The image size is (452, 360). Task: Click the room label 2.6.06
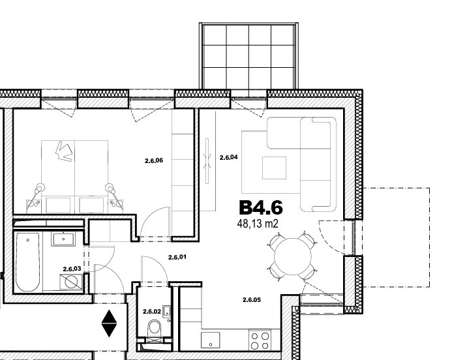(154, 160)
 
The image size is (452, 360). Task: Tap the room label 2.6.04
(228, 157)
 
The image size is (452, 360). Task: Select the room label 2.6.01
(177, 257)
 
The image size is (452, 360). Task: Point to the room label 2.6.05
(252, 300)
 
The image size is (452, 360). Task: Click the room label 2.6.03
(72, 269)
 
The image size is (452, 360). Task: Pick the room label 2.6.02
(152, 312)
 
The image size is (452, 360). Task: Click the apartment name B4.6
(261, 207)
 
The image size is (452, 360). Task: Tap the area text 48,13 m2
(258, 224)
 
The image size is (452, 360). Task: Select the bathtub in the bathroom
(27, 262)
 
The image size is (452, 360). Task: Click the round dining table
(293, 256)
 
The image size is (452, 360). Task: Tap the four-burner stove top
(260, 340)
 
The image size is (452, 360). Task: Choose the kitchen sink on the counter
(211, 340)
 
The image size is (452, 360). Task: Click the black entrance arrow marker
(110, 323)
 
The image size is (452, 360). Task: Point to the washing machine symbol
(71, 282)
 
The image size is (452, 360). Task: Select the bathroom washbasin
(63, 239)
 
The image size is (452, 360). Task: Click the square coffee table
(274, 168)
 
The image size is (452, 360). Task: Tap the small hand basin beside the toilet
(167, 312)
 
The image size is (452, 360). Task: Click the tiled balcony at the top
(249, 56)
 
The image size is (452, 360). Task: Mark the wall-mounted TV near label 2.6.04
(207, 161)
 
